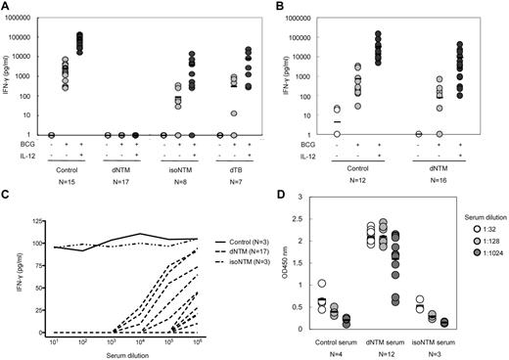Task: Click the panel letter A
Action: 6,7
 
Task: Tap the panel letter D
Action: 269,184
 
